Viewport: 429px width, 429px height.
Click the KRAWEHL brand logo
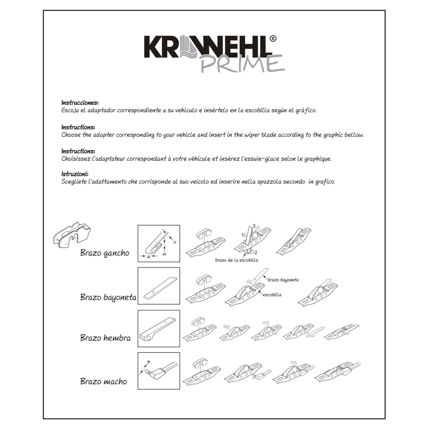click(x=207, y=47)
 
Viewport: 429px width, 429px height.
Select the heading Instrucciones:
click(x=80, y=103)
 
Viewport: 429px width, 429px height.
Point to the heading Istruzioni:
click(x=75, y=174)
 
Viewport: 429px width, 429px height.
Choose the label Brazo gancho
click(x=105, y=253)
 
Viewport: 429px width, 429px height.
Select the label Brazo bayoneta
click(x=108, y=297)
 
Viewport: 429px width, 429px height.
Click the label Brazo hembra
click(x=105, y=337)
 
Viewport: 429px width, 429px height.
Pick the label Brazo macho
click(x=104, y=381)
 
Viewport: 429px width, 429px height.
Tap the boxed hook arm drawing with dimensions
click(x=159, y=243)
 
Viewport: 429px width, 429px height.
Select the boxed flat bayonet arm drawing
click(x=159, y=286)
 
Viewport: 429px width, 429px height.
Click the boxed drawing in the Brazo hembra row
click(x=159, y=329)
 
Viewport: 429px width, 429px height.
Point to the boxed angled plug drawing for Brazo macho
click(x=159, y=371)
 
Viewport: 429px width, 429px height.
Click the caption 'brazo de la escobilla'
click(x=237, y=260)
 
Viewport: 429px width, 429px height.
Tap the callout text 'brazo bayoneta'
click(x=283, y=280)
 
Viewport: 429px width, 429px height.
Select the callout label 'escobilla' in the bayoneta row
click(x=272, y=295)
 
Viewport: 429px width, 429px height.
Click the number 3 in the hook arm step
click(x=254, y=226)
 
